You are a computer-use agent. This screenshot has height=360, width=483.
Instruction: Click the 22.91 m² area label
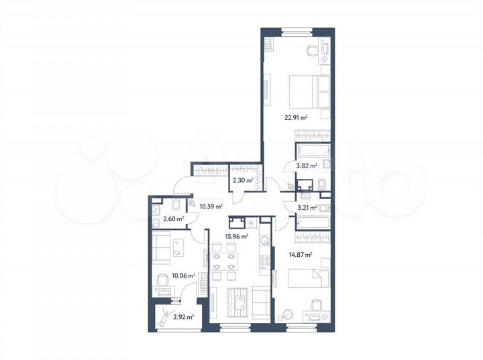294,117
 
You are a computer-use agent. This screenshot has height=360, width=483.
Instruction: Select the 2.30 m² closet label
242,180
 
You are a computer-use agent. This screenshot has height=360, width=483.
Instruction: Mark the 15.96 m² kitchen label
237,236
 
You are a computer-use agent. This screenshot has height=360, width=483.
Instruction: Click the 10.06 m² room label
182,275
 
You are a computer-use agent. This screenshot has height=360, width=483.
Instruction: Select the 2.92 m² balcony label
183,317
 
